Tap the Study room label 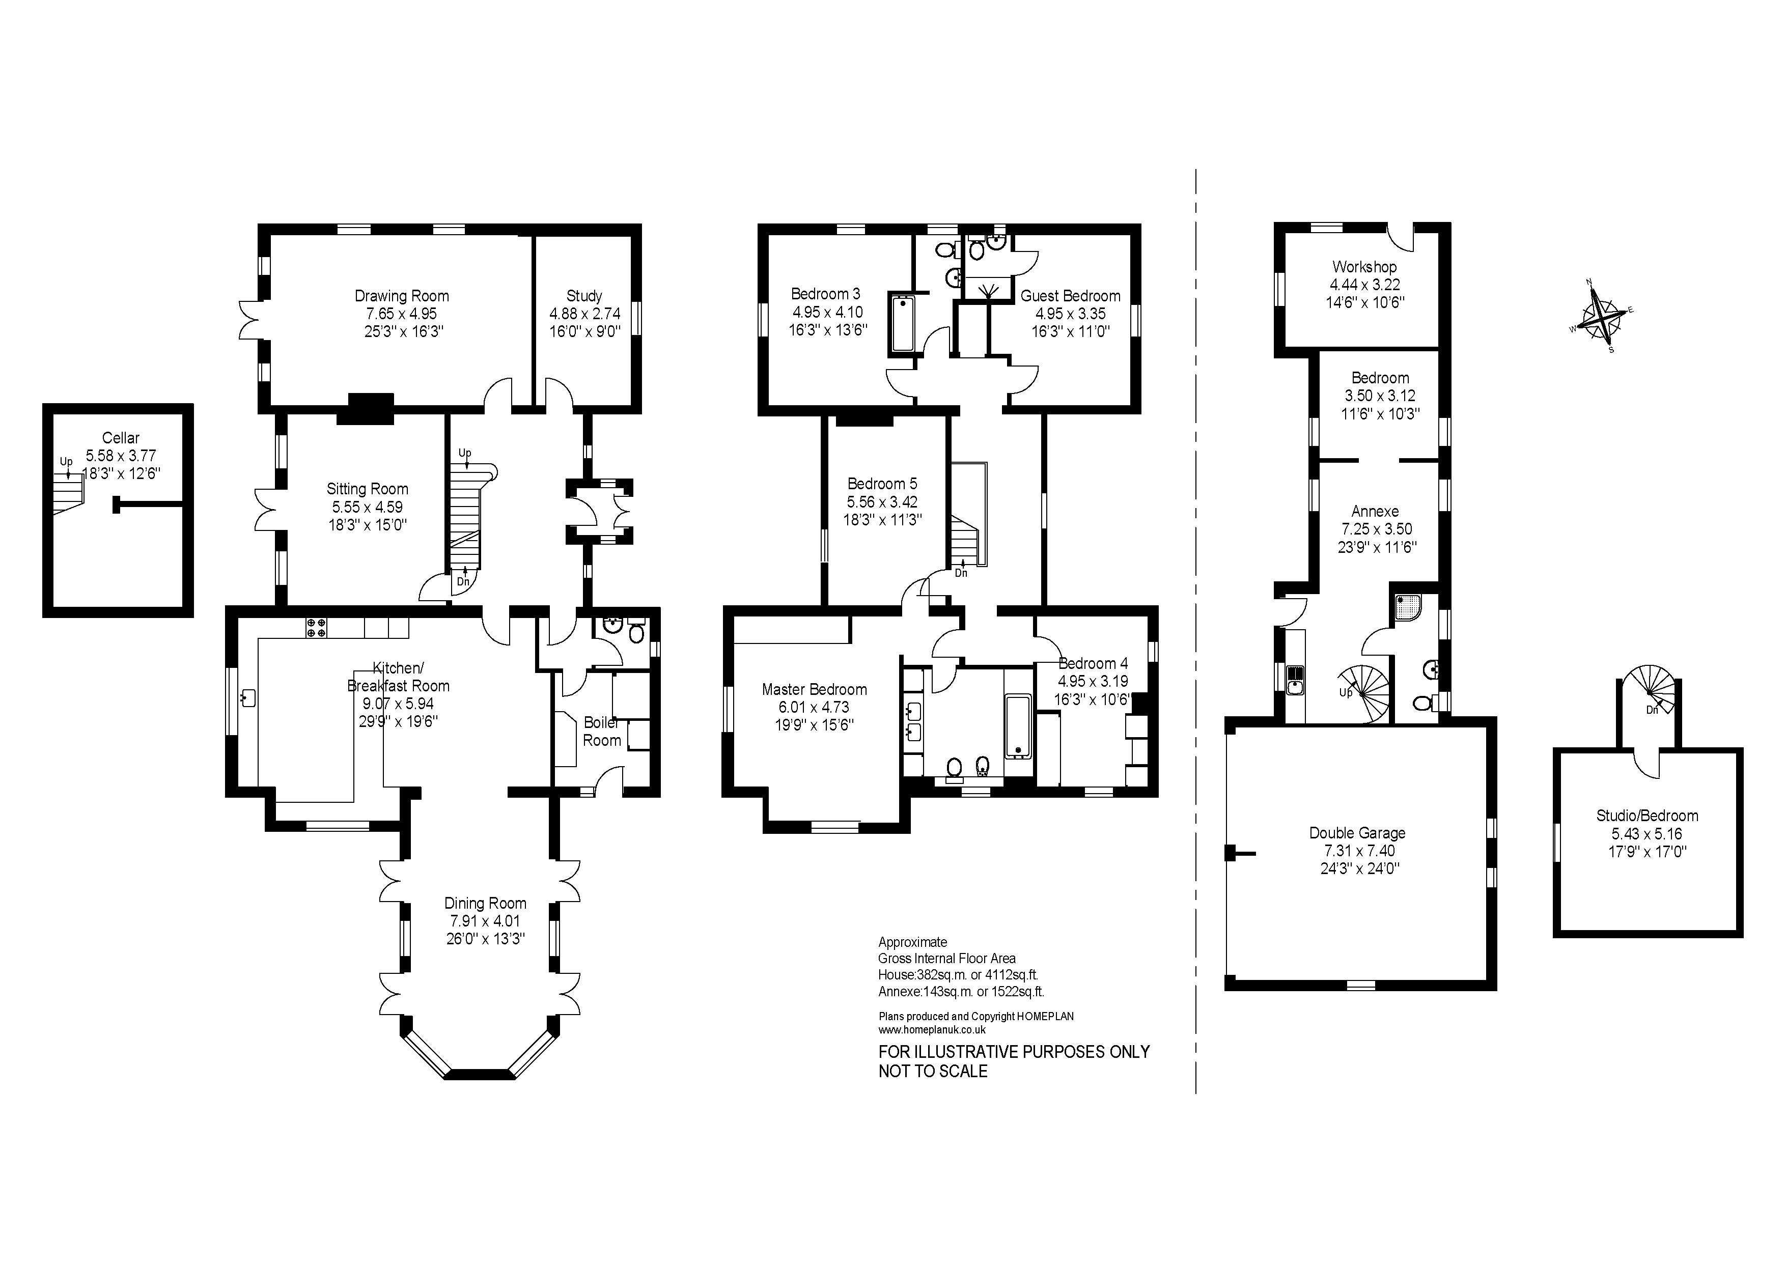pos(584,296)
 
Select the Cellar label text pos(121,438)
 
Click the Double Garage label pos(1357,833)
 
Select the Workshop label pos(1364,267)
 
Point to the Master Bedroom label pos(815,689)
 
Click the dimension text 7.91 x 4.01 pos(485,921)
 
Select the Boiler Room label pos(602,731)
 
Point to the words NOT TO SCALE pos(933,1071)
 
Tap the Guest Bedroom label pos(1070,296)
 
